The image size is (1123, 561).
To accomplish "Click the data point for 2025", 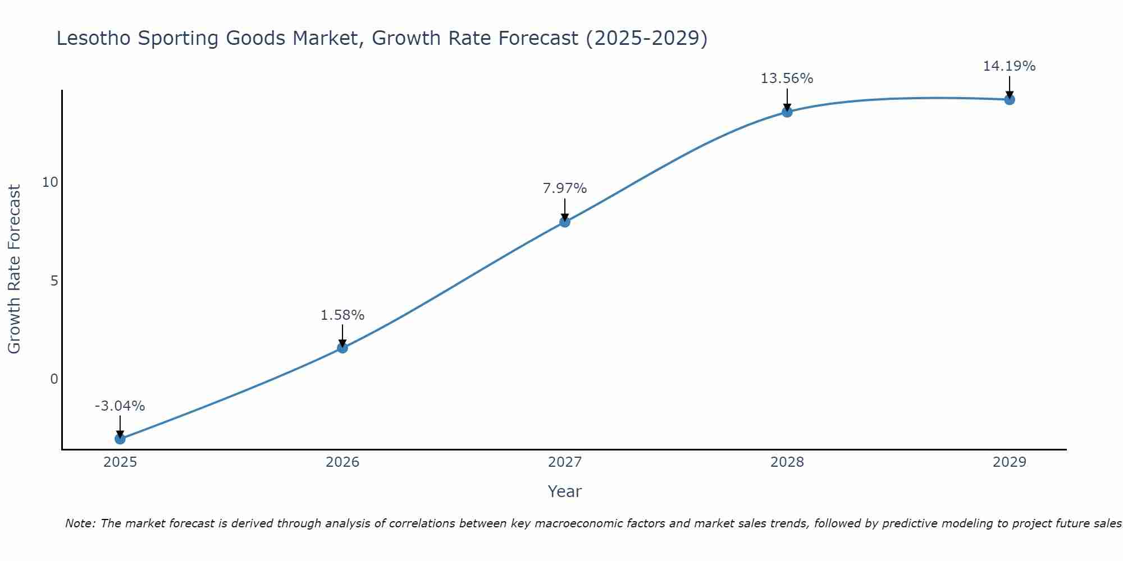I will coord(120,439).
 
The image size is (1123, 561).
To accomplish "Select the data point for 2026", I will coord(343,348).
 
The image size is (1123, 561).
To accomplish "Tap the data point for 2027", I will coord(565,222).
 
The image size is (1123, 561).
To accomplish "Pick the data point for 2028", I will coord(787,112).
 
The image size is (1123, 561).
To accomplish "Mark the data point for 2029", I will coord(1010,100).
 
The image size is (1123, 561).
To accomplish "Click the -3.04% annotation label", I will coord(120,406).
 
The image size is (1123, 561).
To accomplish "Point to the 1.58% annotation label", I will coord(343,315).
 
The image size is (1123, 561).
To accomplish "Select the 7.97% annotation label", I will coord(565,188).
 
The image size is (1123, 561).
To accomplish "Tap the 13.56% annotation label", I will coord(787,79).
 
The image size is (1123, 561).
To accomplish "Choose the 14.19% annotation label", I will coord(1009,66).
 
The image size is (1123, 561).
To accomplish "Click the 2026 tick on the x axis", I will coord(343,462).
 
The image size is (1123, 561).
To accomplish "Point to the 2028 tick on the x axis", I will coord(787,462).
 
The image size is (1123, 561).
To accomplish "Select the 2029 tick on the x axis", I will coord(1010,462).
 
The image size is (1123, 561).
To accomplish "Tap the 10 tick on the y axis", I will coord(50,182).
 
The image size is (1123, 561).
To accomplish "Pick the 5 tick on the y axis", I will coord(54,280).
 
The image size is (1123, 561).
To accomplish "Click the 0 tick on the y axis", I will coord(54,379).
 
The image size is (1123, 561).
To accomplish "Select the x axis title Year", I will coord(565,491).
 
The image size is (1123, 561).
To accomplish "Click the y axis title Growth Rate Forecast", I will coord(14,269).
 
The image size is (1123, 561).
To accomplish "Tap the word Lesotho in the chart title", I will coord(93,38).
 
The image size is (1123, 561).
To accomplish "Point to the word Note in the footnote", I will coord(80,523).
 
